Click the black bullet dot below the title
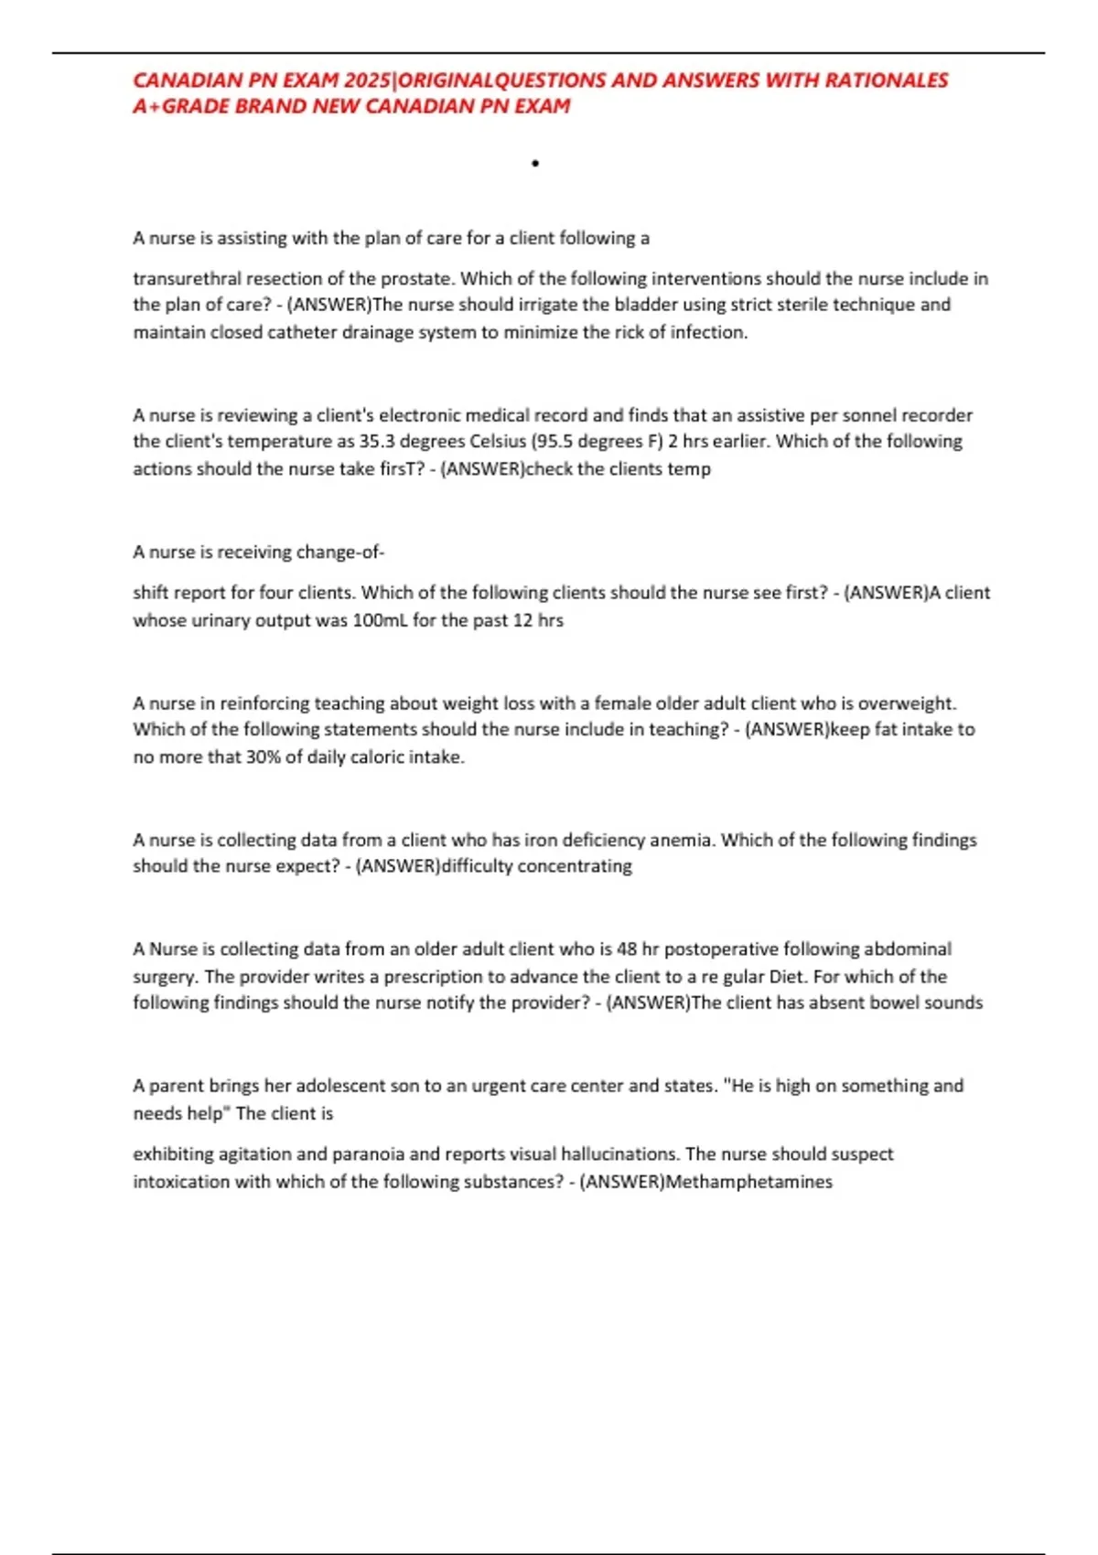(535, 164)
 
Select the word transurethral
(188, 278)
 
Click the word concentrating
(575, 866)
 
